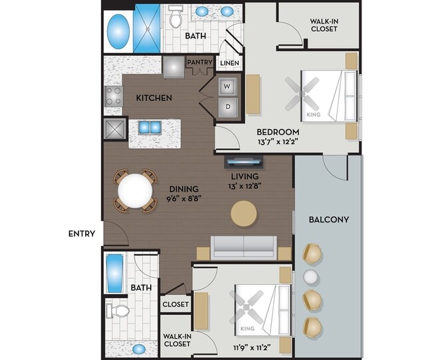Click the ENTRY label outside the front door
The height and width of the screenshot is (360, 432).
click(82, 234)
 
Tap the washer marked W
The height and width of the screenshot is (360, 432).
click(227, 86)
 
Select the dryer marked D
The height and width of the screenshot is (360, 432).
click(227, 106)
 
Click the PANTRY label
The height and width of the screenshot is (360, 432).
click(199, 63)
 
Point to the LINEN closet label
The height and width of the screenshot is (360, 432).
click(229, 64)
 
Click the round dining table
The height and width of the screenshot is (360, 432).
click(135, 191)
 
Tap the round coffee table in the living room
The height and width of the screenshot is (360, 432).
click(243, 213)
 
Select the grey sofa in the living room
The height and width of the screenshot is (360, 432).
click(244, 247)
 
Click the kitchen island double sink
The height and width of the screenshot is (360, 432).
click(150, 127)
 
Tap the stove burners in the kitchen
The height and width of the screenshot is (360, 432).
click(113, 97)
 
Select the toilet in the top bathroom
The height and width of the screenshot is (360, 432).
click(175, 17)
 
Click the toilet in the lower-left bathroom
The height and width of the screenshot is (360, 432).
click(118, 310)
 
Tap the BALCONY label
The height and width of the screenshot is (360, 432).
click(329, 219)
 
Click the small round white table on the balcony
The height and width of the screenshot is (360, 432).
click(310, 276)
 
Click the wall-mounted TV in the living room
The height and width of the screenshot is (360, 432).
click(245, 161)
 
